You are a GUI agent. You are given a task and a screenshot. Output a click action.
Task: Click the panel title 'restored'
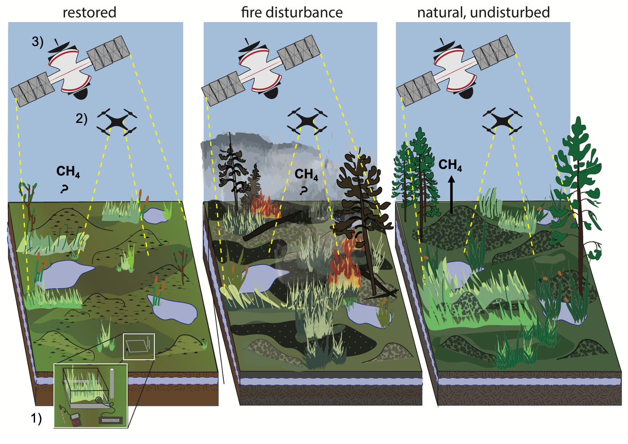tap(89, 12)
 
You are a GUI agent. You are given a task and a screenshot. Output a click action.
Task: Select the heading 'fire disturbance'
tap(292, 12)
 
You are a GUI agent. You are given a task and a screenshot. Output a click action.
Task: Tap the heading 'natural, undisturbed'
tap(483, 12)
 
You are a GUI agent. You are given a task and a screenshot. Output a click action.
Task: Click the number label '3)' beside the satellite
tap(37, 42)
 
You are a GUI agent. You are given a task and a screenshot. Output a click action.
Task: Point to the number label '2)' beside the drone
tap(81, 118)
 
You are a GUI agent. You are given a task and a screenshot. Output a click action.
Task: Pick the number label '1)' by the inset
tap(36, 418)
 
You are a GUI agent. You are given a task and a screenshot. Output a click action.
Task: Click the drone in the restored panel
tap(116, 121)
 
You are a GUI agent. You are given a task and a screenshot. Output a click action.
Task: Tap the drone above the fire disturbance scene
tap(307, 120)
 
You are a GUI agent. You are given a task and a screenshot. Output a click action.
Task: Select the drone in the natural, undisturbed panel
tap(502, 120)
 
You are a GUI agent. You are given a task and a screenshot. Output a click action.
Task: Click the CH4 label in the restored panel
tap(68, 171)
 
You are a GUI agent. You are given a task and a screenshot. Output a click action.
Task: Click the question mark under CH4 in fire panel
tap(304, 190)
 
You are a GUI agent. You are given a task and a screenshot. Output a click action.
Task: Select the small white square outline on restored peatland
tap(139, 347)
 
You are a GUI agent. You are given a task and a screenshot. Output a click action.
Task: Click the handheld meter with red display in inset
tap(77, 419)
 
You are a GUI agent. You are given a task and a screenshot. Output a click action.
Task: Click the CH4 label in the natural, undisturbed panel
tap(450, 165)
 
